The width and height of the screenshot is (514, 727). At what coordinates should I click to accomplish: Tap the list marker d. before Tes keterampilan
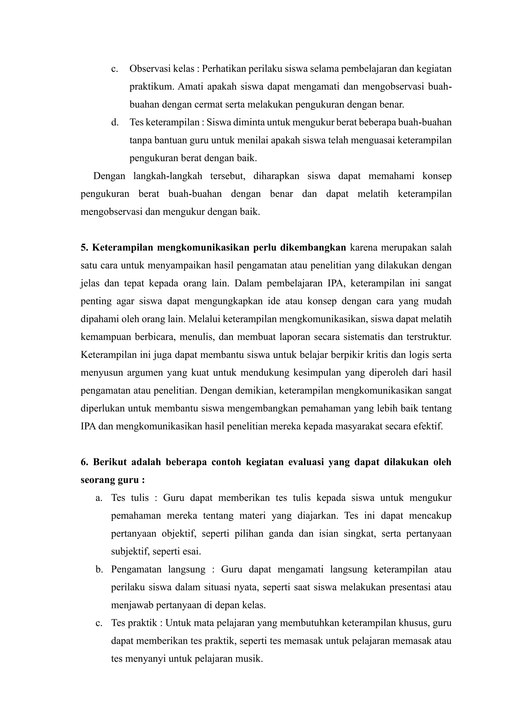click(115, 122)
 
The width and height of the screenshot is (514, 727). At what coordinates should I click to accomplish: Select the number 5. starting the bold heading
click(84, 248)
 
